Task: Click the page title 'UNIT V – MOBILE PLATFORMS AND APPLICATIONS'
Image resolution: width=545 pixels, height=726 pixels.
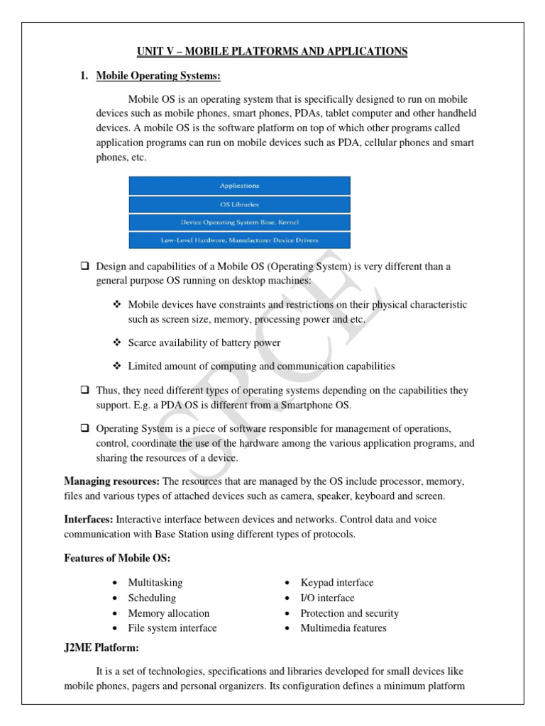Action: click(272, 52)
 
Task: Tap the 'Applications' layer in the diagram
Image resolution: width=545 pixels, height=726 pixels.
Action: click(239, 186)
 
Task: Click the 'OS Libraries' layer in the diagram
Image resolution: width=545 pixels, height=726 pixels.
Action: click(239, 204)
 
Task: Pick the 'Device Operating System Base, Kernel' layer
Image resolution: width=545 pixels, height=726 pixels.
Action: click(239, 222)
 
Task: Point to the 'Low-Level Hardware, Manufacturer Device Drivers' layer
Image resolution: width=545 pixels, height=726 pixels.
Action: click(239, 240)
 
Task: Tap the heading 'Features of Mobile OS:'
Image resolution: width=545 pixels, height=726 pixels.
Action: click(117, 558)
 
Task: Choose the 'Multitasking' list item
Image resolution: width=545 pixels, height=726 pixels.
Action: click(155, 582)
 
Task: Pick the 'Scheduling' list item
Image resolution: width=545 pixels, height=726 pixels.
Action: click(151, 598)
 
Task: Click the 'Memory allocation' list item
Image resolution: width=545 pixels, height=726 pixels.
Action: click(168, 613)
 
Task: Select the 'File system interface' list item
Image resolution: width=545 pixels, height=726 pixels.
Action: click(172, 628)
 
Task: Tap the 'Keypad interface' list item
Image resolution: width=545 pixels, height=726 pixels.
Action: click(336, 582)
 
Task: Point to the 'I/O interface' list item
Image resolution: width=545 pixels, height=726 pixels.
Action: click(327, 598)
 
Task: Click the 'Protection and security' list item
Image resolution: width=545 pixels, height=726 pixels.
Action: click(349, 613)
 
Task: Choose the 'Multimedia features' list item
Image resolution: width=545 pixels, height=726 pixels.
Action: click(343, 628)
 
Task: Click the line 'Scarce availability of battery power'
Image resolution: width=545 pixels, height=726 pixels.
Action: click(204, 342)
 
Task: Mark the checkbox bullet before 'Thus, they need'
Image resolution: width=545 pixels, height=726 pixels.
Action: click(84, 390)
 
